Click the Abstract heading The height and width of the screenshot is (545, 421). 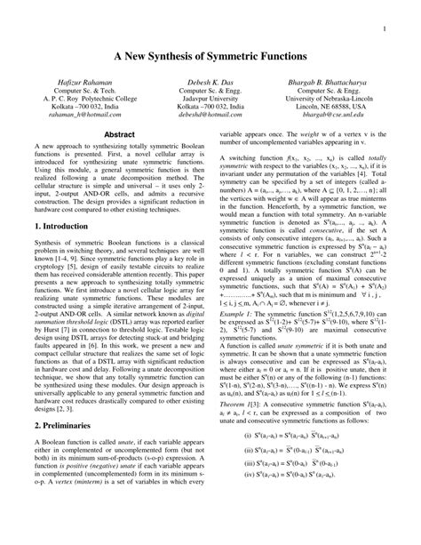click(120, 135)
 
